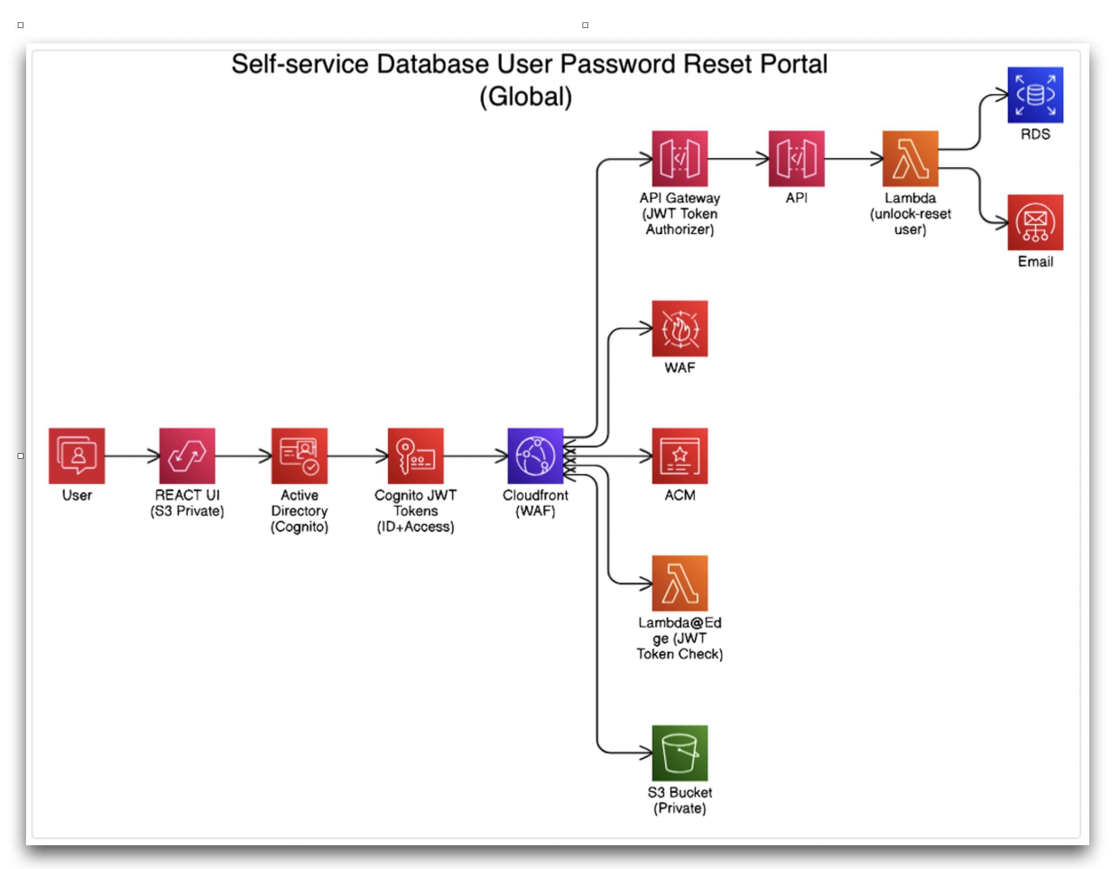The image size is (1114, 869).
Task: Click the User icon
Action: pyautogui.click(x=76, y=456)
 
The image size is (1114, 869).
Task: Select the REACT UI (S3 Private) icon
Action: pyautogui.click(x=187, y=456)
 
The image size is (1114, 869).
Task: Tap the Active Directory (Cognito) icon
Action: pyautogui.click(x=300, y=456)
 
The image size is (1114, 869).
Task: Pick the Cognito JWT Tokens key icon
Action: pyautogui.click(x=416, y=456)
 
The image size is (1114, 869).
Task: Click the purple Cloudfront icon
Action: pyautogui.click(x=536, y=456)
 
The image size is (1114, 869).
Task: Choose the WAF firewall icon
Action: pyautogui.click(x=680, y=328)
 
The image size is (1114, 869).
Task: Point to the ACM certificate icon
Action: pyautogui.click(x=680, y=456)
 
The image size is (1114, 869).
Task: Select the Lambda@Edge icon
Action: pyautogui.click(x=680, y=583)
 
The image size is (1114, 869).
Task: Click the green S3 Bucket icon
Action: pyautogui.click(x=680, y=753)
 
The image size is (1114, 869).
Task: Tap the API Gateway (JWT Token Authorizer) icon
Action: pyautogui.click(x=680, y=159)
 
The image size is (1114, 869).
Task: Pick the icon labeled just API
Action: pyautogui.click(x=797, y=159)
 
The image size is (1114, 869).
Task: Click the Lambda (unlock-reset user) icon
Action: pyautogui.click(x=910, y=159)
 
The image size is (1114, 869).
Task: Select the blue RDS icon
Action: pyautogui.click(x=1035, y=95)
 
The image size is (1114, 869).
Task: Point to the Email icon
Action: pyautogui.click(x=1035, y=222)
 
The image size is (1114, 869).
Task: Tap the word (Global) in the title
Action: pyautogui.click(x=526, y=97)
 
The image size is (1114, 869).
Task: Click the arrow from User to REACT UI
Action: pyautogui.click(x=132, y=456)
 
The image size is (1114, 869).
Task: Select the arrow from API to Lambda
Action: pyautogui.click(x=854, y=159)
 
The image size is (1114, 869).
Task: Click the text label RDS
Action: pyautogui.click(x=1035, y=134)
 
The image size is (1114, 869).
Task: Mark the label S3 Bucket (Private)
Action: pyautogui.click(x=680, y=800)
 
